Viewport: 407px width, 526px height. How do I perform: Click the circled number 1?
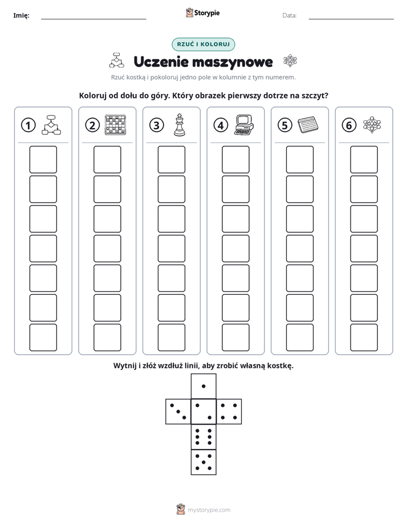tap(28, 125)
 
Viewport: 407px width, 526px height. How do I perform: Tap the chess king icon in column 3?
tap(180, 125)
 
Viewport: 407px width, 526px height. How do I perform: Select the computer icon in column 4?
tap(244, 125)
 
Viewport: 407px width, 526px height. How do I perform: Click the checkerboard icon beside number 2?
tap(116, 125)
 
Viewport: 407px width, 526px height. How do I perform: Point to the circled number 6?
tap(349, 125)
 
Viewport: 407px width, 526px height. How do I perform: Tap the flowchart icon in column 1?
tap(51, 125)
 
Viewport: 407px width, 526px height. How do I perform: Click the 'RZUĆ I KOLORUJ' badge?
tap(203, 44)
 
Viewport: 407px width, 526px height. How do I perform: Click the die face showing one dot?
tap(203, 387)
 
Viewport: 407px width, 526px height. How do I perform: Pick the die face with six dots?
tap(203, 437)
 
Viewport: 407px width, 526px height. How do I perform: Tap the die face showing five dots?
tap(203, 462)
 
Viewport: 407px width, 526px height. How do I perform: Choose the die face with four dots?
tap(229, 412)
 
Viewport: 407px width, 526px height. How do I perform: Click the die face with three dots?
tap(178, 412)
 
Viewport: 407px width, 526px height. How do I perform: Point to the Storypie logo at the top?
tap(203, 13)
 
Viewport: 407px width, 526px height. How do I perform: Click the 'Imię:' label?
tap(21, 15)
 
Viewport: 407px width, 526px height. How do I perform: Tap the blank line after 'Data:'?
tap(351, 19)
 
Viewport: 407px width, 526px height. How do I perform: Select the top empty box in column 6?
tap(364, 159)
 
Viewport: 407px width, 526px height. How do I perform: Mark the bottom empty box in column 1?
tap(43, 338)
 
